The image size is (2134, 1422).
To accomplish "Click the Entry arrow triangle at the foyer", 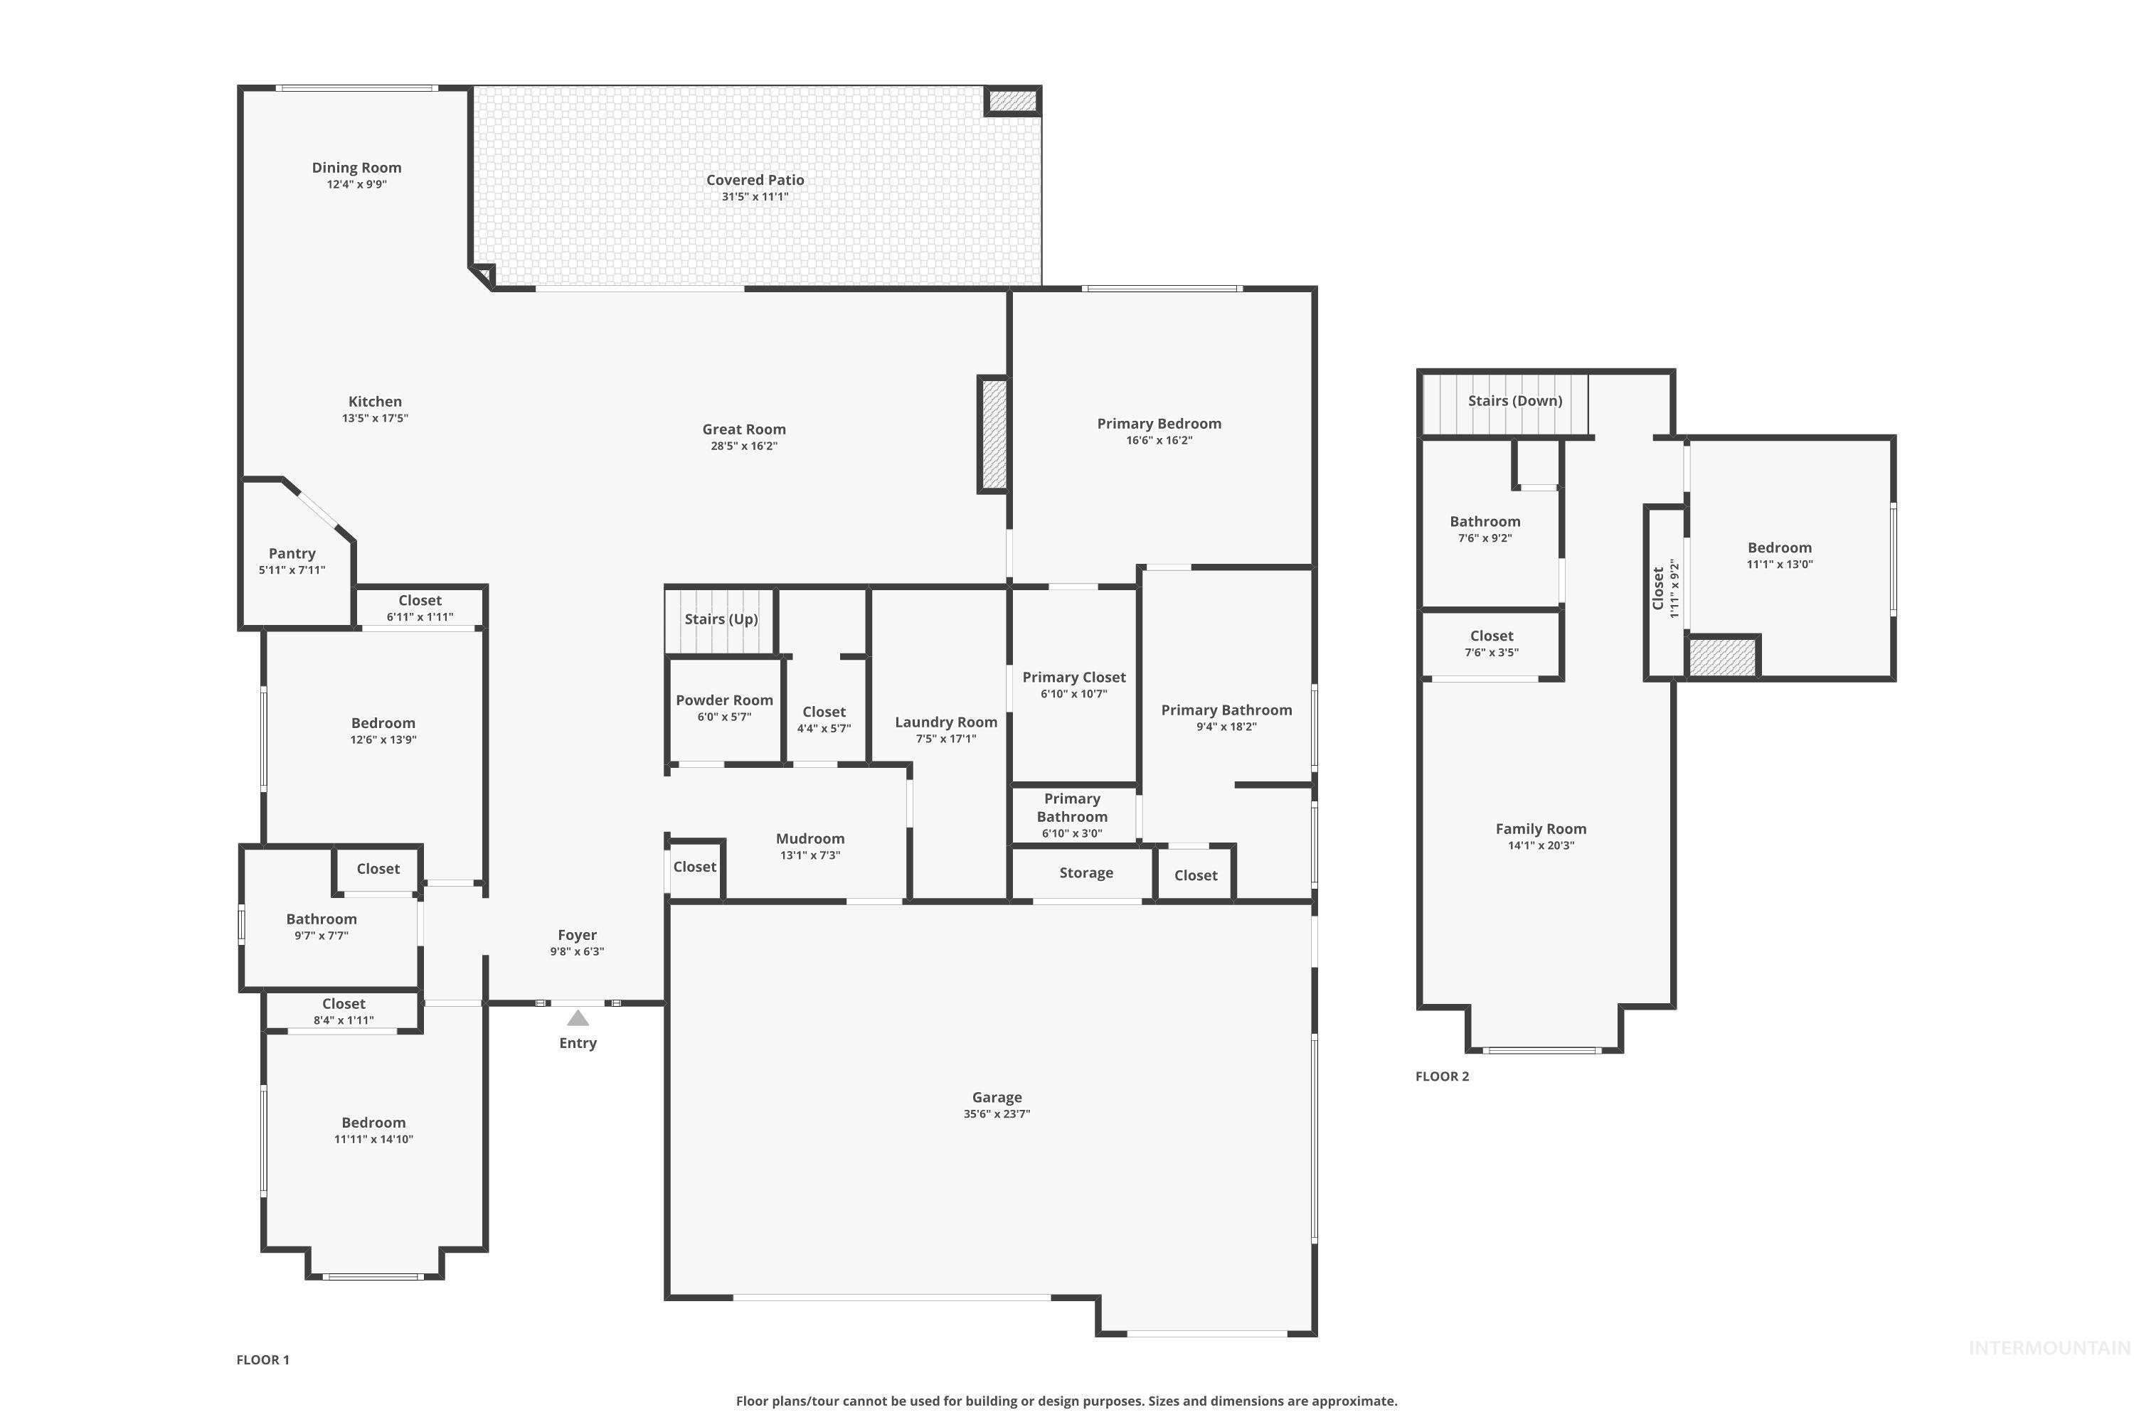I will coord(577,1018).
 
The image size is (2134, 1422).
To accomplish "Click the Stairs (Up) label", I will coord(721,619).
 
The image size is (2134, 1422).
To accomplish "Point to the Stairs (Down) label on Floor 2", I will coord(1514,401).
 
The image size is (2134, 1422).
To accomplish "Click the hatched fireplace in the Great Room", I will coord(994,434).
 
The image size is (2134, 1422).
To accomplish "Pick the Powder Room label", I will coord(724,700).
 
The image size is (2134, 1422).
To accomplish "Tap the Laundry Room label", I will coord(945,722).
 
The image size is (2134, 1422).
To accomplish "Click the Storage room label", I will coord(1085,872).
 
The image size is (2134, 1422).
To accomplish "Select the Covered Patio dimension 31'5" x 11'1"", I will coord(755,197).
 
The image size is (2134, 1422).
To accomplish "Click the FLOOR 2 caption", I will coord(1442,1076).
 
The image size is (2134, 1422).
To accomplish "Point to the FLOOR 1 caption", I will coord(262,1359).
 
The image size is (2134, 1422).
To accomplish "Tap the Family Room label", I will coord(1540,829).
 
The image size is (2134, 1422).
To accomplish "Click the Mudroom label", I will coord(809,839).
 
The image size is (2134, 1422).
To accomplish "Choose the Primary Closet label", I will coord(1073,678).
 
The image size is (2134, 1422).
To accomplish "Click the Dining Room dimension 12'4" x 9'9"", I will coord(356,185).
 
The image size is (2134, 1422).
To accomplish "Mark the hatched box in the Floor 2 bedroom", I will coord(1722,656).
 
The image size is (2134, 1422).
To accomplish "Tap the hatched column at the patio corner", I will coord(1012,101).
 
